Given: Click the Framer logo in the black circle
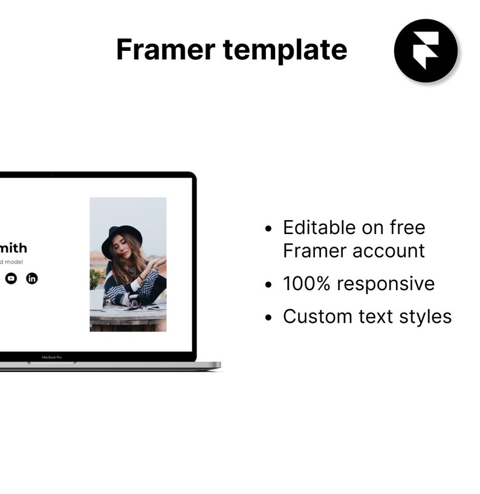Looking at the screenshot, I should [x=426, y=51].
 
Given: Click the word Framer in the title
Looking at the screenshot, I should [x=165, y=50].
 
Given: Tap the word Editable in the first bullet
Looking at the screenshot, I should [x=318, y=228].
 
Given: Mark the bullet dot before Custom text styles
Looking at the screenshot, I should [x=270, y=317].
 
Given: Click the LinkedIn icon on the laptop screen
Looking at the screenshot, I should [x=32, y=278].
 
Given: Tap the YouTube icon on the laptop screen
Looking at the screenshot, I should [x=11, y=278].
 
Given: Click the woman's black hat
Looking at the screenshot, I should [x=122, y=237].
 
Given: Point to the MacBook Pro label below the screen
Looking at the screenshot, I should [x=52, y=357].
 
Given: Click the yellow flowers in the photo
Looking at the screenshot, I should [x=95, y=277].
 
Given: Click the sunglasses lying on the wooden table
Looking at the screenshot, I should [x=136, y=307].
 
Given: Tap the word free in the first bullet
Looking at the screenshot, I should [x=407, y=228].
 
